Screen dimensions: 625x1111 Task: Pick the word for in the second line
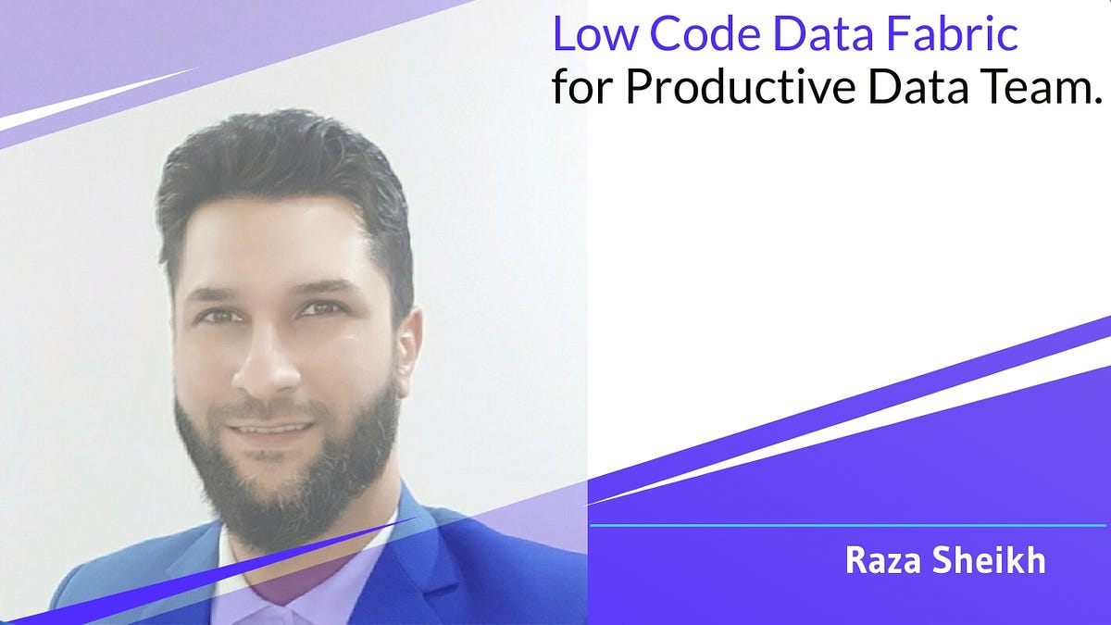580,87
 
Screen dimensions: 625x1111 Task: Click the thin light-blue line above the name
847,525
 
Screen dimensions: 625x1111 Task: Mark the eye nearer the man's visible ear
323,311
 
